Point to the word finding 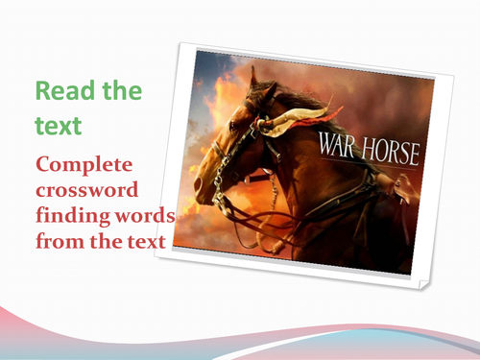click(68, 211)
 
